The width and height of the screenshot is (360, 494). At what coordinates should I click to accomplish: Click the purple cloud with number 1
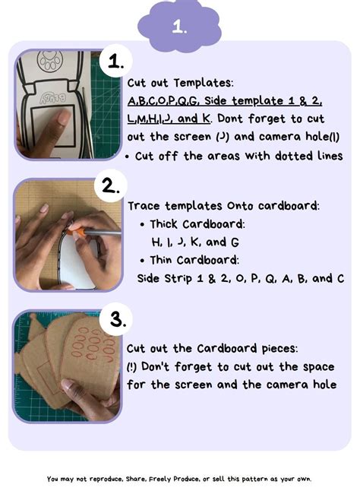180,27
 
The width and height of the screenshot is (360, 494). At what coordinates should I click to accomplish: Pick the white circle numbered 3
115,319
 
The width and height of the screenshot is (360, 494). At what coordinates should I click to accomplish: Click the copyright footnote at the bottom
179,479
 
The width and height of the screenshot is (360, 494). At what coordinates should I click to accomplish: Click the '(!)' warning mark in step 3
134,366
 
